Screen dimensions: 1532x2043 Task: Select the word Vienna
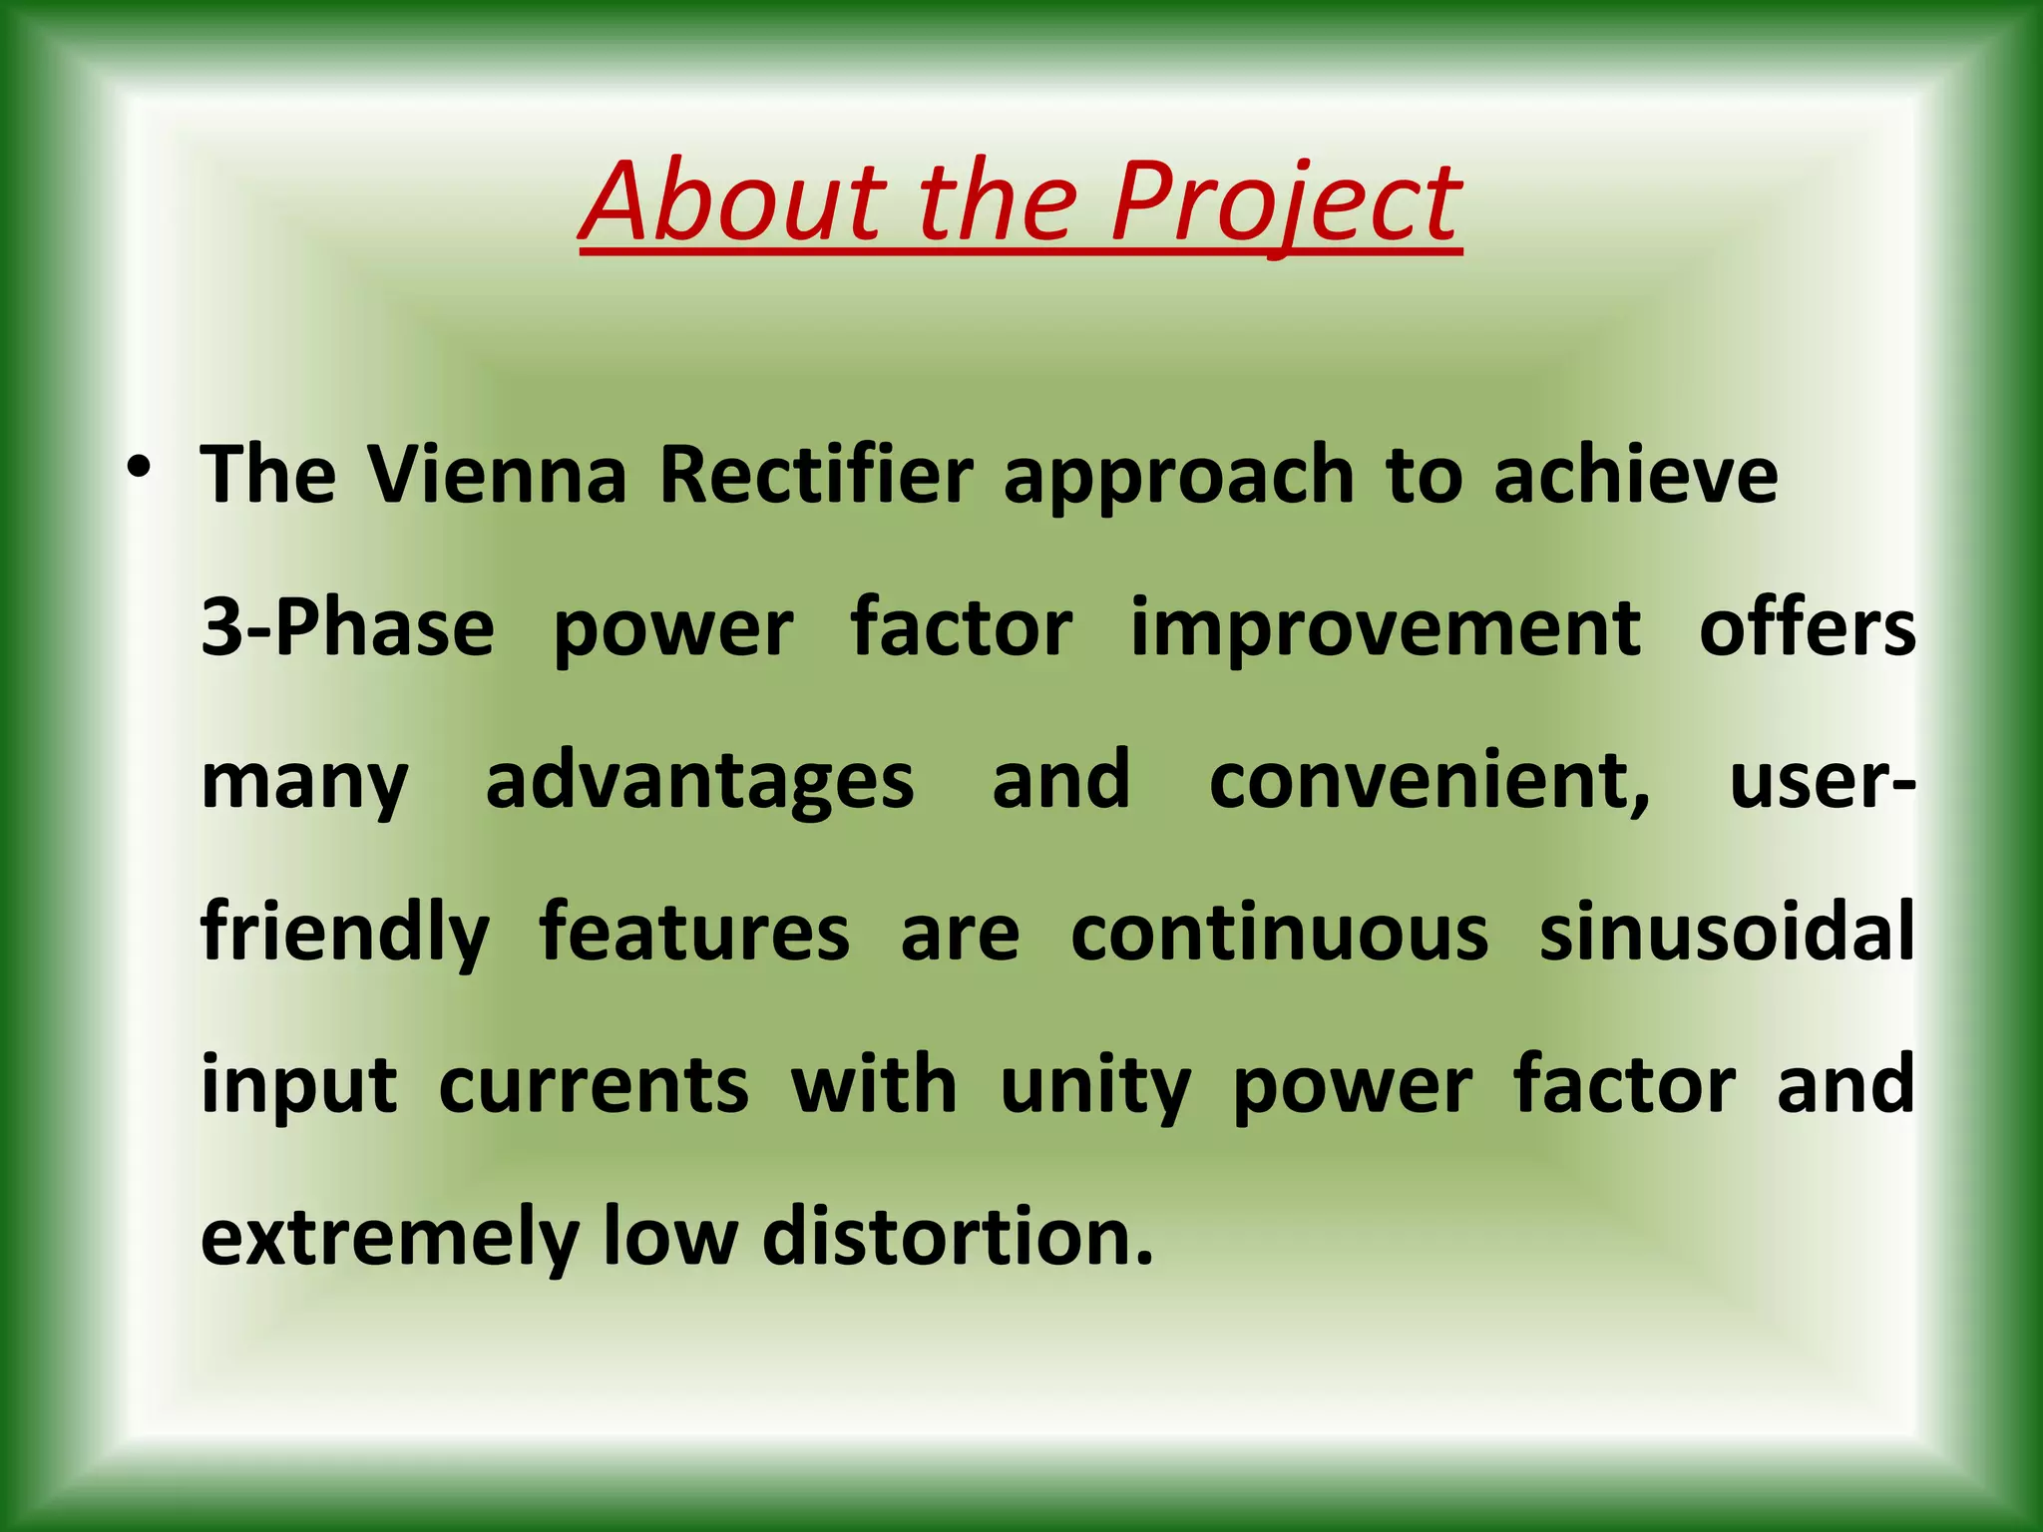[497, 475]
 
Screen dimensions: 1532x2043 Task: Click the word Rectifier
[816, 475]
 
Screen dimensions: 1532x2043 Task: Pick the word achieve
[1635, 475]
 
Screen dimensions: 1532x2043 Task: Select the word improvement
[1385, 630]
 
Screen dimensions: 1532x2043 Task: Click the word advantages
[699, 783]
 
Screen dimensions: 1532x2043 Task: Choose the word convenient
[1429, 781]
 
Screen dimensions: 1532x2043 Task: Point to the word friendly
[345, 934]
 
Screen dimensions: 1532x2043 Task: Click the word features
[694, 932]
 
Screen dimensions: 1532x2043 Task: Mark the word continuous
[1279, 934]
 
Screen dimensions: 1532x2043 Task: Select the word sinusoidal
[1726, 932]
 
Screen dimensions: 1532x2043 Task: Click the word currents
[594, 1086]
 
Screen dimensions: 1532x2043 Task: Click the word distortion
[957, 1237]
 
